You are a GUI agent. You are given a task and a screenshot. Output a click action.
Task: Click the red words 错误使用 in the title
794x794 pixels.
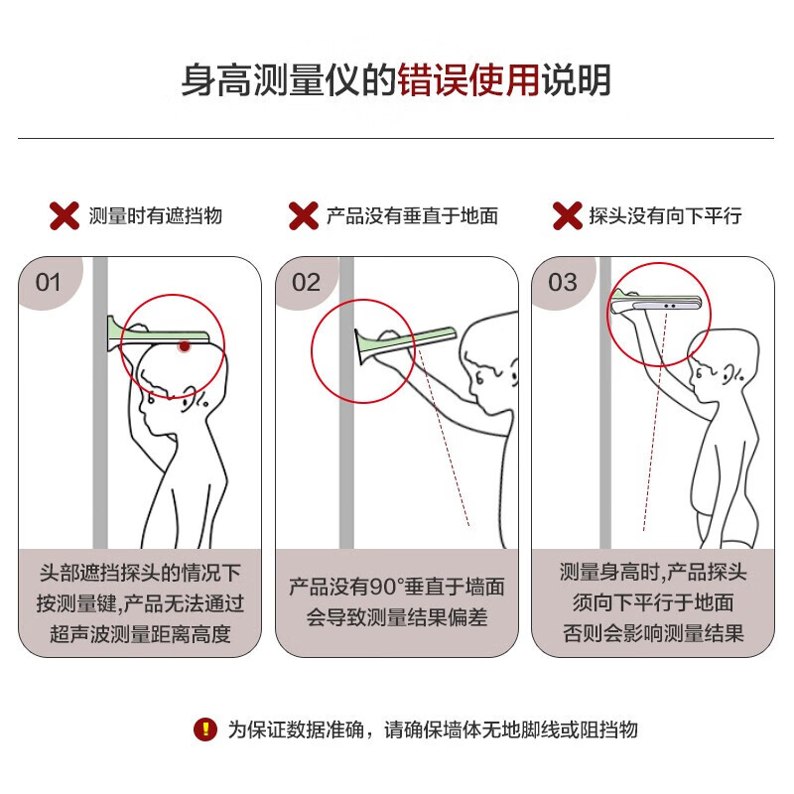click(x=468, y=80)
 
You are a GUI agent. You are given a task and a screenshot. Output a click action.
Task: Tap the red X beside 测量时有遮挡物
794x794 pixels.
click(x=65, y=215)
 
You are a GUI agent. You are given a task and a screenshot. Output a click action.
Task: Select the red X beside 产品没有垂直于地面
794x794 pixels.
click(x=304, y=215)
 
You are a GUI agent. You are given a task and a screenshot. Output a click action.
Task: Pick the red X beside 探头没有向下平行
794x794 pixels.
click(x=568, y=215)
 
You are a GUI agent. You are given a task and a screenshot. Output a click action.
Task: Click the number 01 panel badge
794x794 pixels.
click(x=49, y=282)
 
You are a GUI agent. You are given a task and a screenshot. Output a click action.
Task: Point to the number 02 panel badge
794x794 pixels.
click(x=306, y=282)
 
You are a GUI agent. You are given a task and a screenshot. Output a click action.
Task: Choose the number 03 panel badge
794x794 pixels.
click(x=562, y=282)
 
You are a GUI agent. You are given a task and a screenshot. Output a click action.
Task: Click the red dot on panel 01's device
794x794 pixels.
click(x=185, y=346)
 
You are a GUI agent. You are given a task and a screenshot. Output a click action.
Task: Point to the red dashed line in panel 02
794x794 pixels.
click(x=443, y=437)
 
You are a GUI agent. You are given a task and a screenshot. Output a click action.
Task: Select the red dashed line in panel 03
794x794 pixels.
click(x=655, y=421)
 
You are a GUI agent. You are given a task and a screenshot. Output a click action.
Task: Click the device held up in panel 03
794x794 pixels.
click(x=655, y=303)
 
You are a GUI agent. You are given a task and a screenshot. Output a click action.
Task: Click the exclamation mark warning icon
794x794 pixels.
click(x=205, y=729)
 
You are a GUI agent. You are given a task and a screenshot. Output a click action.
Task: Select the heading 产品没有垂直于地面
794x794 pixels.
click(x=412, y=216)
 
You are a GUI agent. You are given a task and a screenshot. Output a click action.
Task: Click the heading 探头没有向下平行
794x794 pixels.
click(x=665, y=216)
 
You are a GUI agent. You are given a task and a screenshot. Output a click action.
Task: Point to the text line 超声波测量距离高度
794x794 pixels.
click(x=140, y=633)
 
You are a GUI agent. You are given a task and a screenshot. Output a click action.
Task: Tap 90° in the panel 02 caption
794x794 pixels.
click(x=386, y=587)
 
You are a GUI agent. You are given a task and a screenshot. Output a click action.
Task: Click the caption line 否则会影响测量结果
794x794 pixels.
click(x=653, y=633)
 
